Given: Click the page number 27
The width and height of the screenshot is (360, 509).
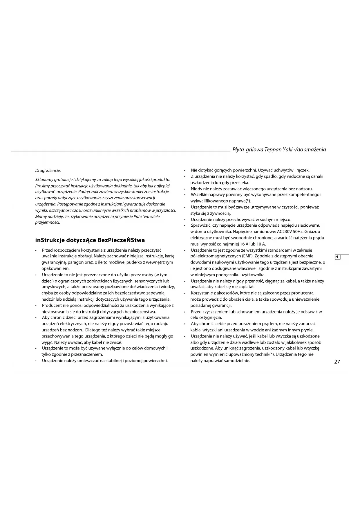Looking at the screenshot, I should tap(337, 362).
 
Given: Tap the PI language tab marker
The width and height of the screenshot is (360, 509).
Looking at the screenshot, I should tap(337, 257).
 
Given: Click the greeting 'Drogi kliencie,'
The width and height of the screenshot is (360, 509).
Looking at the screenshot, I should tap(48, 170).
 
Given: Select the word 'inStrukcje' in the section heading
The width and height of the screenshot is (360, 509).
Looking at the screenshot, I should tap(50, 240).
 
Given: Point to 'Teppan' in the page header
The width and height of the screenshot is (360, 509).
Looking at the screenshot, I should tap(273, 150).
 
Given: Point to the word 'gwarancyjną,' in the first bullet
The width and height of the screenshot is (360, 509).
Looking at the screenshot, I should tap(54, 262).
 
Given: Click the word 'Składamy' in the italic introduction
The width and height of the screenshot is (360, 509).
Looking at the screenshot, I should tap(44, 180).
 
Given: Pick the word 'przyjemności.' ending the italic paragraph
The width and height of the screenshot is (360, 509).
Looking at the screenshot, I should tap(48, 223).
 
